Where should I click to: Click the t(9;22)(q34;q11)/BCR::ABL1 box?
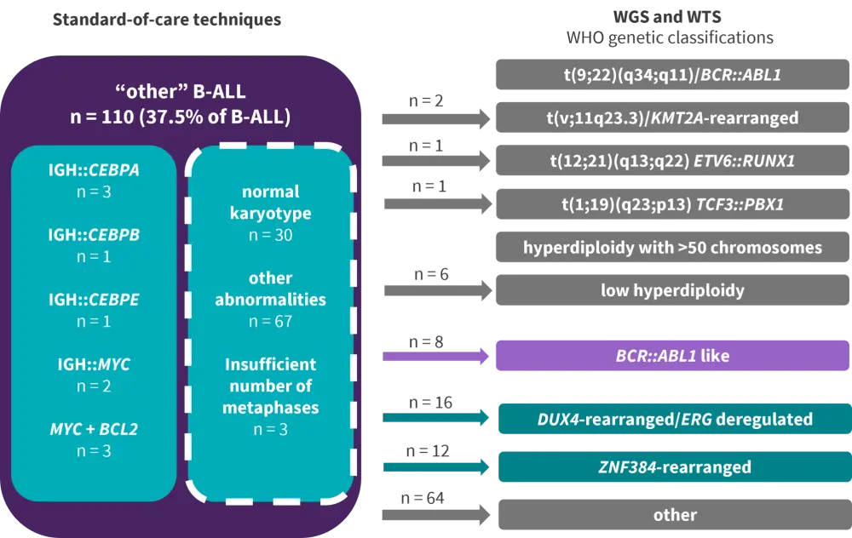(671, 75)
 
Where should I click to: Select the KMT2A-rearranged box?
(671, 117)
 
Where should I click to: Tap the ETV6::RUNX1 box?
(671, 160)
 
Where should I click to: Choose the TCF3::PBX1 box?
(671, 204)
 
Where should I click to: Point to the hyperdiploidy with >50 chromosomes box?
(671, 248)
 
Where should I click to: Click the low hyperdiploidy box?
(671, 290)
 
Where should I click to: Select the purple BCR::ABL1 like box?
(671, 356)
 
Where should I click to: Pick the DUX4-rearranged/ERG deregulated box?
(674, 419)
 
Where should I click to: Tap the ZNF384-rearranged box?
(674, 466)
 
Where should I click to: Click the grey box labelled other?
(674, 514)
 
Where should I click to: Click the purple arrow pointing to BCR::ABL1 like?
(436, 356)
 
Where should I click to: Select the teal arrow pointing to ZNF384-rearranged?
(436, 466)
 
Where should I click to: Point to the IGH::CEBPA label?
(94, 170)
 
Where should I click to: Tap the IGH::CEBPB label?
(94, 235)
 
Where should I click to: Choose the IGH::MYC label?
(94, 364)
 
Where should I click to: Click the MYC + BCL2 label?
(94, 429)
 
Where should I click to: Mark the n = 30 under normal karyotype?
(270, 234)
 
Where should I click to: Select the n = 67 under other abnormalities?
(270, 321)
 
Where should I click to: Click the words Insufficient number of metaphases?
(270, 386)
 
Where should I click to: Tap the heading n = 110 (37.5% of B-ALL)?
(180, 117)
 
